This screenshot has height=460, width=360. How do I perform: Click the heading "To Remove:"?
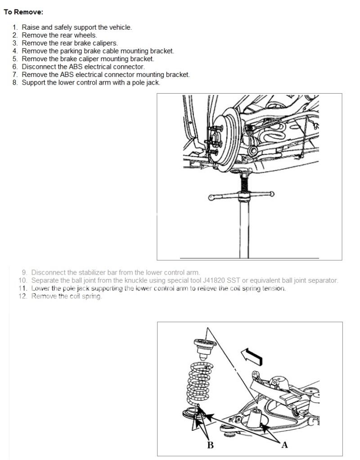click(x=23, y=12)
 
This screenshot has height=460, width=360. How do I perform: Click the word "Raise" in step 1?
click(x=31, y=27)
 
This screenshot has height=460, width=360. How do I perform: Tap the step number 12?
click(x=23, y=297)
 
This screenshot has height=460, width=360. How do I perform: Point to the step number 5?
click(x=15, y=59)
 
